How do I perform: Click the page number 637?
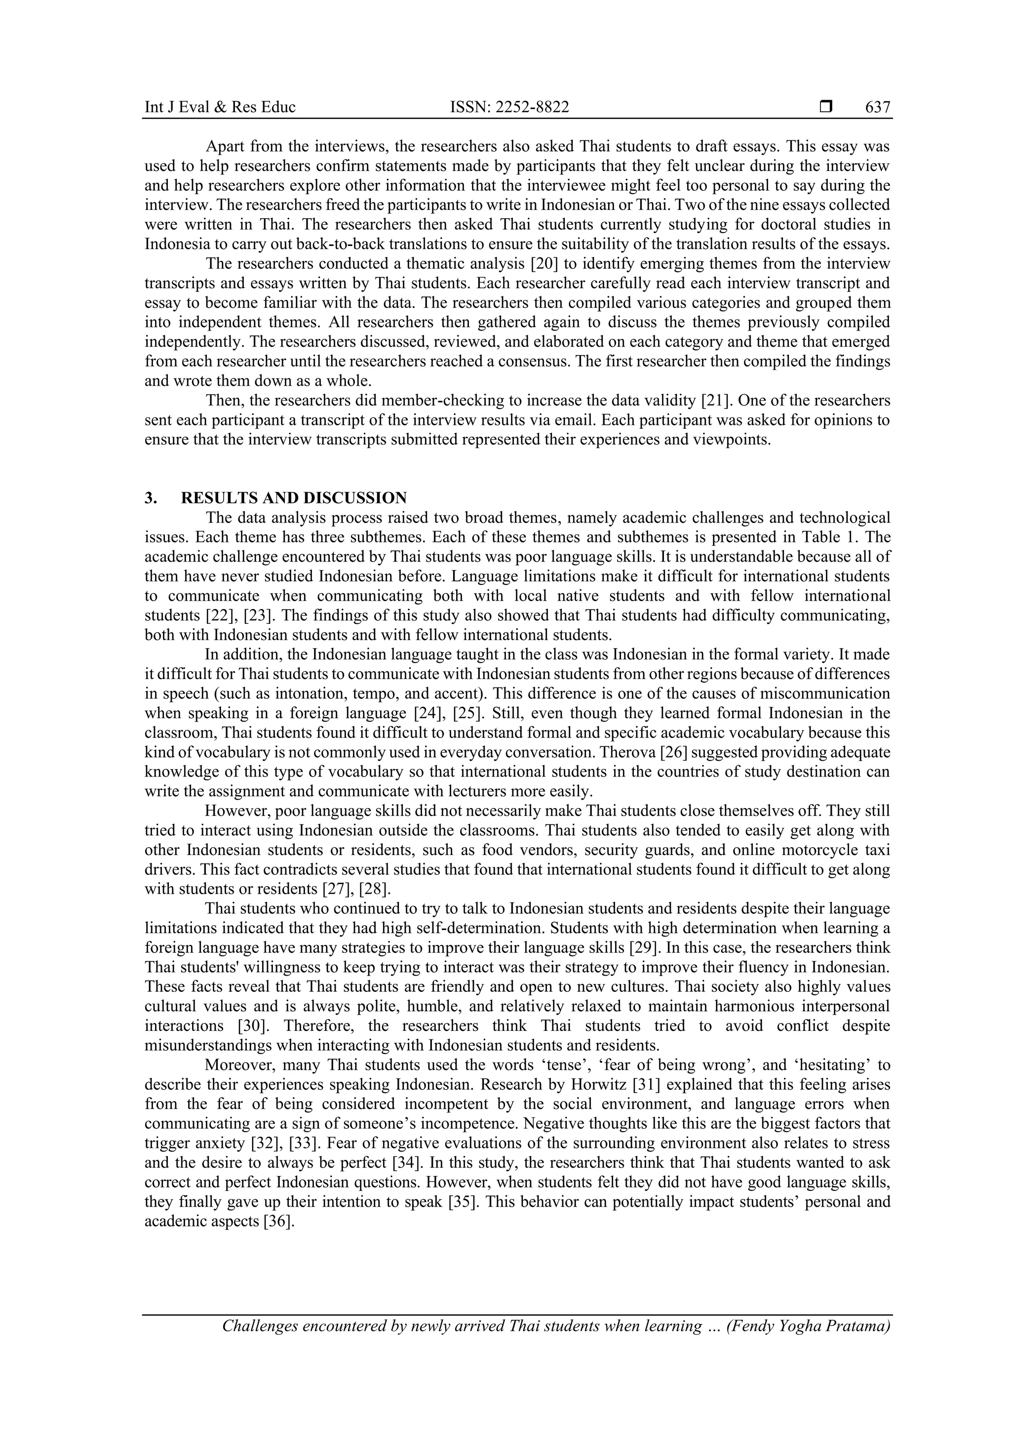point(878,107)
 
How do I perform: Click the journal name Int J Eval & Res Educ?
point(220,107)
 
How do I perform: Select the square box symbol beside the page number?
point(826,107)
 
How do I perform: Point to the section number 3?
point(151,498)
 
